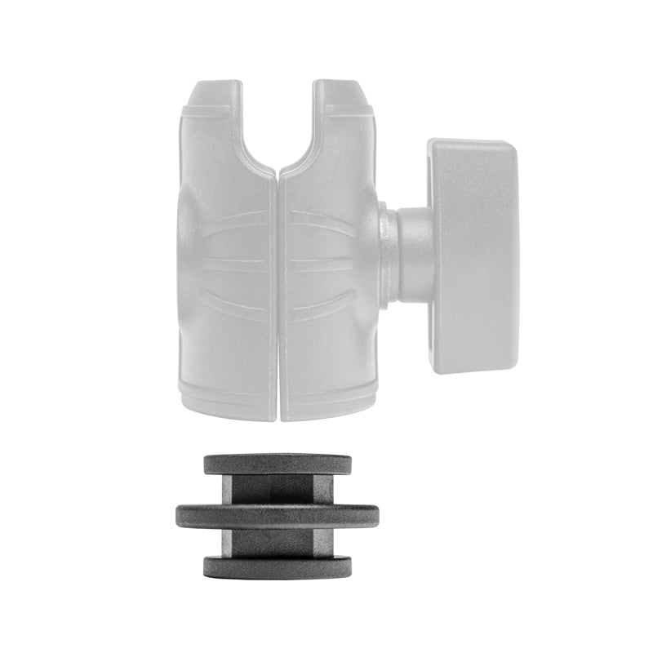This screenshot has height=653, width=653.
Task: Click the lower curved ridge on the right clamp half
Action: point(323,306)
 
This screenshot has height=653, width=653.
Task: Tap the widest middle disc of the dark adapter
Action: point(277,516)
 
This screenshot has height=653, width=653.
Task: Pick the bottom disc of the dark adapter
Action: point(277,566)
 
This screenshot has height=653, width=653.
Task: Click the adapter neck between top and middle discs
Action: point(277,490)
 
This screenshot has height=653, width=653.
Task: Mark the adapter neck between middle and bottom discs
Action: point(277,541)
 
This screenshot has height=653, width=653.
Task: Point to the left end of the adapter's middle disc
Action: point(180,517)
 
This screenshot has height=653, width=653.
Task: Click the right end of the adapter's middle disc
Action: point(375,517)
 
